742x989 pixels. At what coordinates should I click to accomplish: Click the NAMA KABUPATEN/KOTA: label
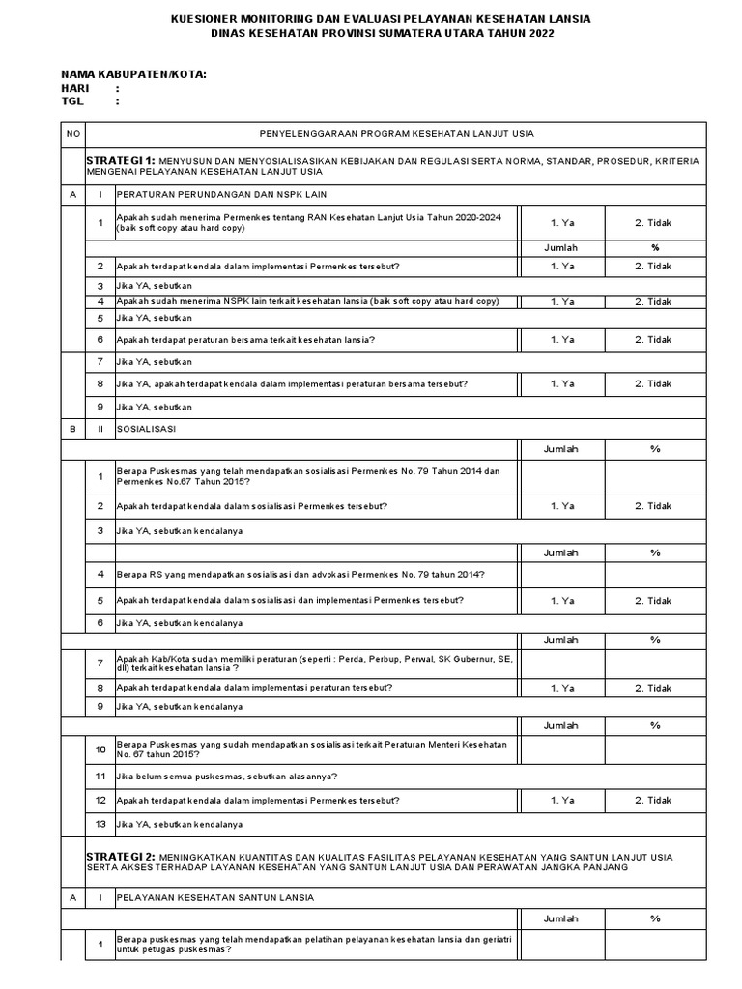(133, 74)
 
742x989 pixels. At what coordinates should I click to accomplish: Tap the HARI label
(75, 88)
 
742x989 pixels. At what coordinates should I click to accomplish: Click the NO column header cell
(72, 133)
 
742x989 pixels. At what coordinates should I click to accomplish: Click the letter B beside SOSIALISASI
(72, 426)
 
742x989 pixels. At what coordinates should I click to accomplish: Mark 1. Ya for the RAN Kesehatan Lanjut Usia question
(562, 222)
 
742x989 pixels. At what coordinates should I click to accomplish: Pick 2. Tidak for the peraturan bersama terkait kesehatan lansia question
(653, 339)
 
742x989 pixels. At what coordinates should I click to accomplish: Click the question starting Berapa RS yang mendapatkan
(300, 576)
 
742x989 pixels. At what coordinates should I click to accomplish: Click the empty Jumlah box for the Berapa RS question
(562, 576)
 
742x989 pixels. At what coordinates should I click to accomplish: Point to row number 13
(100, 824)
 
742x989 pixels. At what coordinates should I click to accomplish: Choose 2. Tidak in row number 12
(653, 800)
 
